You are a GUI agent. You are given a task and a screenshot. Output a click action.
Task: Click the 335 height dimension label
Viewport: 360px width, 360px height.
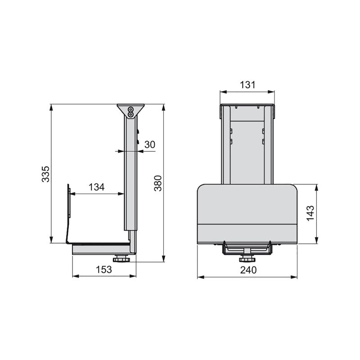click(45, 174)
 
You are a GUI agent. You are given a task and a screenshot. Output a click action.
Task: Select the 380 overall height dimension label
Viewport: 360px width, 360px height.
click(158, 183)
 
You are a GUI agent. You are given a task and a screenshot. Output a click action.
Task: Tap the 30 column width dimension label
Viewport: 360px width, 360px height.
click(150, 144)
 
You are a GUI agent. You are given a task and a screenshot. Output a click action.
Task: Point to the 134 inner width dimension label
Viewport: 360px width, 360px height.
click(96, 187)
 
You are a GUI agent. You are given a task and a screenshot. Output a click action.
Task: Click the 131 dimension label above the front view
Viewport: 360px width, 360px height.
click(247, 85)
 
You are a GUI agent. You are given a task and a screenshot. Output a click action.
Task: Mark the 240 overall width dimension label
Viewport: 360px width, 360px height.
click(247, 270)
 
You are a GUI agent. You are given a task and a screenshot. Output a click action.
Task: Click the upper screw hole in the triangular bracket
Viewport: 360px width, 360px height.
click(130, 109)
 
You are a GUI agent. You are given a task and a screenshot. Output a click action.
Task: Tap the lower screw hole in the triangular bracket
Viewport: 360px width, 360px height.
click(130, 114)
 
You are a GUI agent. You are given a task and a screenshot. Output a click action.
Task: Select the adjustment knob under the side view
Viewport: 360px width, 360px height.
click(121, 259)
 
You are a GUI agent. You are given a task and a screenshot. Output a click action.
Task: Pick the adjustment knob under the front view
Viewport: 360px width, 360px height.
click(247, 259)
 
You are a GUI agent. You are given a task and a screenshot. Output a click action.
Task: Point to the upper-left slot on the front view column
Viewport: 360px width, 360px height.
click(231, 131)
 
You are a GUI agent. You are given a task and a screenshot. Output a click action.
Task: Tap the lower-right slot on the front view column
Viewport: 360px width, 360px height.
click(263, 142)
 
